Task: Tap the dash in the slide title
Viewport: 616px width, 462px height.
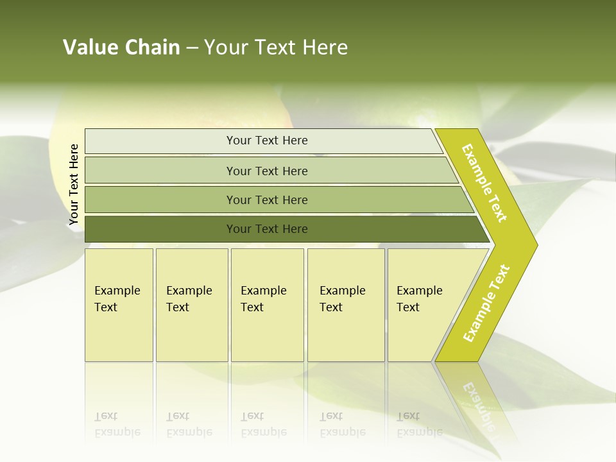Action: coord(192,48)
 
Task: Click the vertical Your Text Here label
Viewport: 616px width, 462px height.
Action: coord(74,185)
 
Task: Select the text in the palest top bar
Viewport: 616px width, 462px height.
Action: coord(267,141)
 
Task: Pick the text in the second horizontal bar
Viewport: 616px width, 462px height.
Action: coord(267,171)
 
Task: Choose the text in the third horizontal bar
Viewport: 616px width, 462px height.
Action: coord(267,200)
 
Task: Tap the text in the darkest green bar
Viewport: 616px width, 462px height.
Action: coord(267,229)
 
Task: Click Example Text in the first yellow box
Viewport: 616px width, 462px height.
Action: coord(117,299)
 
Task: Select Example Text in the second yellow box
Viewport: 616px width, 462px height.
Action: coord(189,299)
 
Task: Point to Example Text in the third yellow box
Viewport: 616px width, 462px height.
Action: coord(263,299)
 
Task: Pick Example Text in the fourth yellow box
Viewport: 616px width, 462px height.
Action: coord(342,299)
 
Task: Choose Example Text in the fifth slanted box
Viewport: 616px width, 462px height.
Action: coord(419,299)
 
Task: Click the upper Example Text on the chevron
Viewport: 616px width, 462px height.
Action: coord(484,183)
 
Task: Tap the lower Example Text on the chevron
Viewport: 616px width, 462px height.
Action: coord(486,304)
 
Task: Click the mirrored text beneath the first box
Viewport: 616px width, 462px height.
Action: coord(117,424)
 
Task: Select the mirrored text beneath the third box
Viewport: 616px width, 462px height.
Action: coord(263,424)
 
